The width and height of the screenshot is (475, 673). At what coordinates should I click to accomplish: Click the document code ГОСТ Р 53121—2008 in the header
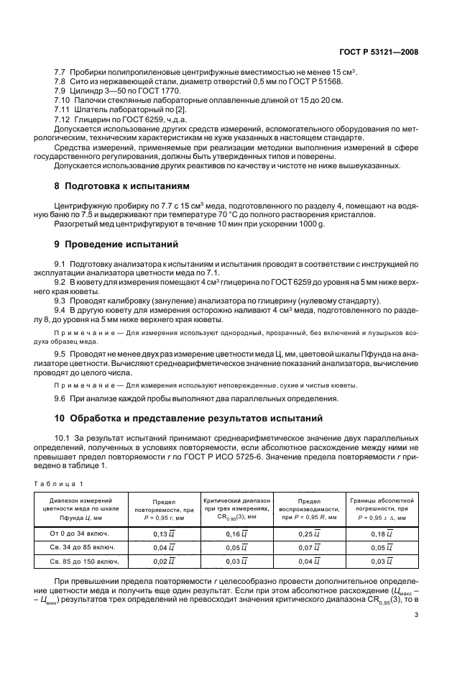tap(379, 52)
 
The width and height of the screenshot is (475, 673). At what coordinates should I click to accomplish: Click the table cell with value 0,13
tap(165, 534)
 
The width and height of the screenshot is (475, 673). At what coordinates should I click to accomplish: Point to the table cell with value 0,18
tap(381, 534)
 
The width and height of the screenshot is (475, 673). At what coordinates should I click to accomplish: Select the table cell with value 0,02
tap(165, 561)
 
